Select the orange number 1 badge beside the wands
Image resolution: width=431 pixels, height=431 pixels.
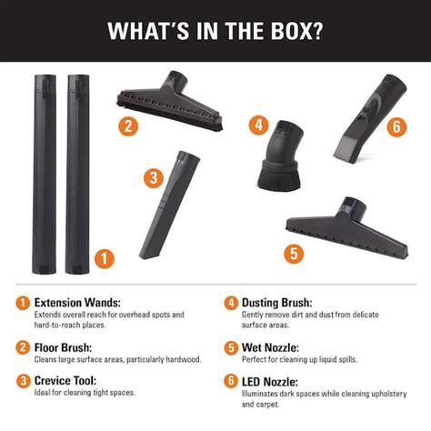105,259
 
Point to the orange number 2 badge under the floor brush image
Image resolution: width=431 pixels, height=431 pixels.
129,126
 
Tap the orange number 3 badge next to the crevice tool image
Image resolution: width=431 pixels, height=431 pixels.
154,178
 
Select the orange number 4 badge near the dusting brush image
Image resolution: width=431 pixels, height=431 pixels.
261,125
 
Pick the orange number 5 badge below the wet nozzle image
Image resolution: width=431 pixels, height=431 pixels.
293,254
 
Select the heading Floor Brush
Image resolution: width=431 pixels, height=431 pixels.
65,346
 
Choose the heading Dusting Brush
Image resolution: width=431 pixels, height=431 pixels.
277,302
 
